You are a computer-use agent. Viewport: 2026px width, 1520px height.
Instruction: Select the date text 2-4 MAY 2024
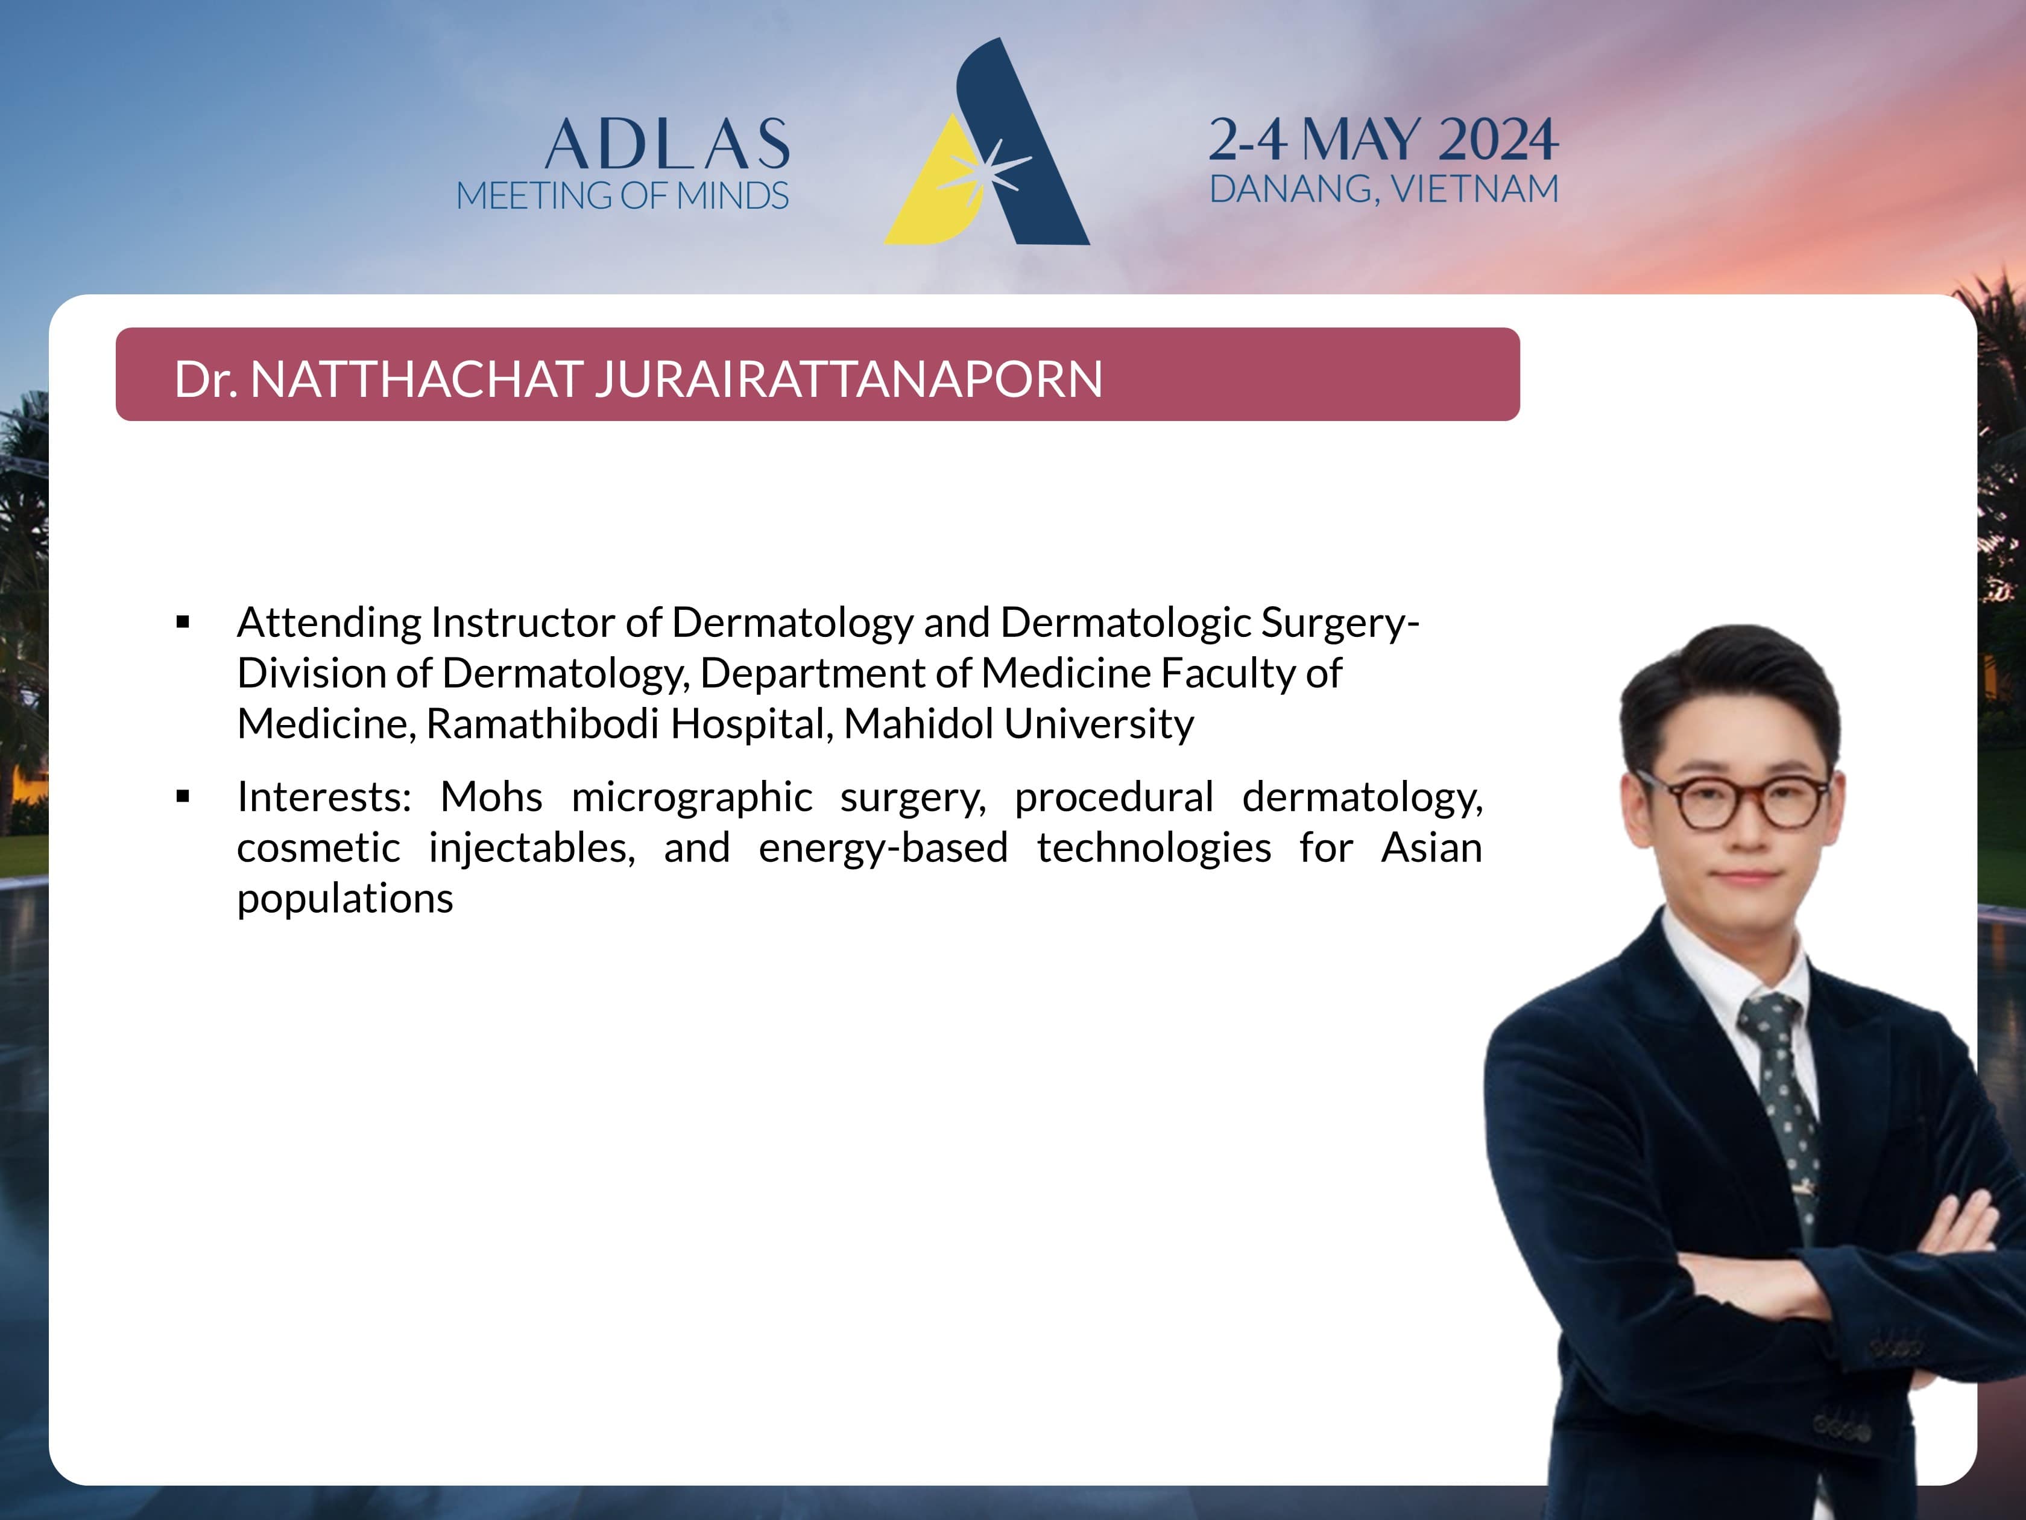pyautogui.click(x=1383, y=139)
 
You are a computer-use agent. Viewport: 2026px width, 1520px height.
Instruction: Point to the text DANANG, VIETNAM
pyautogui.click(x=1384, y=189)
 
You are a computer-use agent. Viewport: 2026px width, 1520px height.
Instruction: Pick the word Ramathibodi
pyautogui.click(x=542, y=724)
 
